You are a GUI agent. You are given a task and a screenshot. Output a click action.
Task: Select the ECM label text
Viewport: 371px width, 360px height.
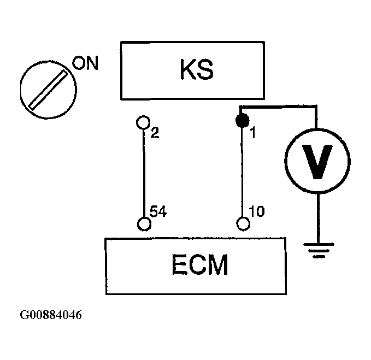200,264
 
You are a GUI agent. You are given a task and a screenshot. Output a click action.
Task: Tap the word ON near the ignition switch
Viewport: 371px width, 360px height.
85,63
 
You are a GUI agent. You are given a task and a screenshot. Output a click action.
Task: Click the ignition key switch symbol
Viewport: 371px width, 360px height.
49,89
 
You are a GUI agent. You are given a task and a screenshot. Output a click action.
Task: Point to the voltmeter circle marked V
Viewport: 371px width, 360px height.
317,161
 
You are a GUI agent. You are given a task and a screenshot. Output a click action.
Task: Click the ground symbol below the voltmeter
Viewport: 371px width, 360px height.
319,250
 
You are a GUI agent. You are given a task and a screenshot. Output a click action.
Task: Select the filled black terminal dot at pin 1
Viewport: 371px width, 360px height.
242,120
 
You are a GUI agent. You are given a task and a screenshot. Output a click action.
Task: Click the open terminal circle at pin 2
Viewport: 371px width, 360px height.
143,122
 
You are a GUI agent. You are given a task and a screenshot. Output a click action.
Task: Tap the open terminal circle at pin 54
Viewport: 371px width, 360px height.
144,223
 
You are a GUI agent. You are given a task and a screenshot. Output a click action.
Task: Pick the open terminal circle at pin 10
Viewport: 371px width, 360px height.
243,223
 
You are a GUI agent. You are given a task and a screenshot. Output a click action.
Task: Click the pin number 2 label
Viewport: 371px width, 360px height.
155,133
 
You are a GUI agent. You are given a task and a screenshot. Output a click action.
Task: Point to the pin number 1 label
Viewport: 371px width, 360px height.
253,132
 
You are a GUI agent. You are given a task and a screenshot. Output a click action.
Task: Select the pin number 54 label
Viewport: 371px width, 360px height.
158,211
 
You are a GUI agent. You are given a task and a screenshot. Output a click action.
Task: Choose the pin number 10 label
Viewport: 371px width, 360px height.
257,211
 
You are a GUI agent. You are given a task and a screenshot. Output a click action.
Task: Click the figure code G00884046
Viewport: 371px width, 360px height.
51,315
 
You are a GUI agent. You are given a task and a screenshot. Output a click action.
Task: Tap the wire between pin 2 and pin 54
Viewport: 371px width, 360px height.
144,173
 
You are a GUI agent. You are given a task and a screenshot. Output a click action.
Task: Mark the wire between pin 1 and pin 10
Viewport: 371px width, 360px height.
242,172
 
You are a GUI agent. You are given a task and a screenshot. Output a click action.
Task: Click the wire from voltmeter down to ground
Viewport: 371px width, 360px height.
319,219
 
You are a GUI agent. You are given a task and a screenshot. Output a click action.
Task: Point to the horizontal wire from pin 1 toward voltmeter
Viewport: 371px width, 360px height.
278,107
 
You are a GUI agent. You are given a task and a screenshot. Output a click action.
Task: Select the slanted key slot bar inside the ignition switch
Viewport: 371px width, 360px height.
48,90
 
